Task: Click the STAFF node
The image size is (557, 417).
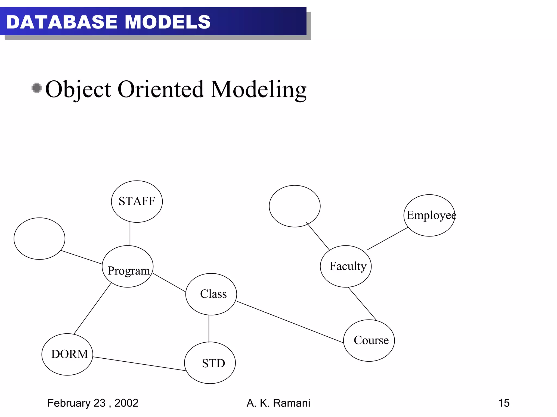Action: (137, 201)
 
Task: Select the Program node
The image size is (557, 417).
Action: (128, 267)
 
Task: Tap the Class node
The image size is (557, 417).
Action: (211, 294)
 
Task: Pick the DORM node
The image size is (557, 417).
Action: (67, 354)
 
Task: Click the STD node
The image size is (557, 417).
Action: (210, 363)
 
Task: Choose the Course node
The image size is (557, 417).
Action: (369, 340)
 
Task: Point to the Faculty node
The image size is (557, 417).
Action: (346, 266)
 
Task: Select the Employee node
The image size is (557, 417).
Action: (429, 215)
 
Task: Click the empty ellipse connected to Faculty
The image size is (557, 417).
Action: (295, 206)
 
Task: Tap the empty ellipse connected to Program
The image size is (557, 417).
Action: (39, 238)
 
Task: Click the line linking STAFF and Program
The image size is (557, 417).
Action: (130, 234)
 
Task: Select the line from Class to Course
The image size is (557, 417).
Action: (290, 322)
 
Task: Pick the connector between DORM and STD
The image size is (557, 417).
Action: (139, 364)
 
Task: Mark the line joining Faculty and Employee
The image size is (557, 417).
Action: (387, 239)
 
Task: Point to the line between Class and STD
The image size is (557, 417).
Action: (209, 328)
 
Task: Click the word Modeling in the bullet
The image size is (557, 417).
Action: (258, 90)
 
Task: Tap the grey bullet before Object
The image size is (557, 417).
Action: (36, 88)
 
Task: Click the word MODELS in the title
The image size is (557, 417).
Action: (168, 22)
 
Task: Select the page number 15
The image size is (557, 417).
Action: (504, 403)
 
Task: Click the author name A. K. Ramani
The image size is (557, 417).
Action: (278, 403)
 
